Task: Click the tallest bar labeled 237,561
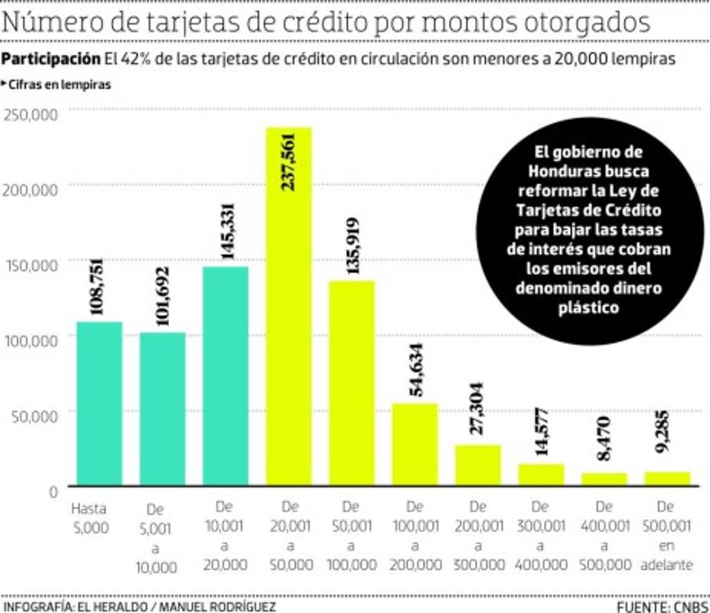pos(288,306)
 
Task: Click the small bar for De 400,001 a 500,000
pos(604,479)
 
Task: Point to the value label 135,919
pos(352,246)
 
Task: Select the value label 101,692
pos(162,296)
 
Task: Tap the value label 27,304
pos(478,407)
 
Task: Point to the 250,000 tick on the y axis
pos(31,114)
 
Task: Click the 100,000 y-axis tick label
pos(31,340)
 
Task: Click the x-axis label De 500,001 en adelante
pos(666,536)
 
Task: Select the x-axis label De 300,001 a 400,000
pos(540,536)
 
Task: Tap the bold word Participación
pos(51,59)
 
